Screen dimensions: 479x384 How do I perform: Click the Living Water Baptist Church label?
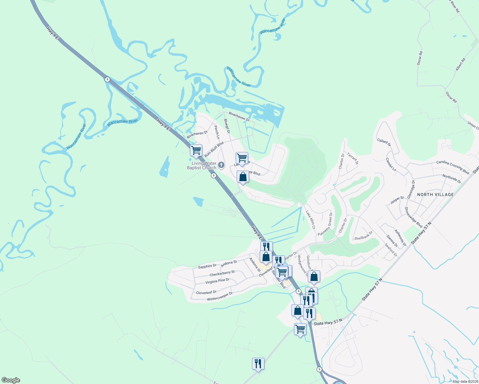tap(202, 165)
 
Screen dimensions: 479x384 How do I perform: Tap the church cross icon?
tap(221, 165)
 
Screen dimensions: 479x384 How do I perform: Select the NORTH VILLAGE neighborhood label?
tap(435, 195)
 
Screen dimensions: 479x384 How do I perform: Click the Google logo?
tap(11, 380)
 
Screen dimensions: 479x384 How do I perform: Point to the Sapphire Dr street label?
tap(207, 266)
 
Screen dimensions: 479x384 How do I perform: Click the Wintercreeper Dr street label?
tap(220, 296)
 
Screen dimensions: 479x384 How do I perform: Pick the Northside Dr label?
tap(451, 179)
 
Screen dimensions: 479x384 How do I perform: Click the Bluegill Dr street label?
tap(227, 126)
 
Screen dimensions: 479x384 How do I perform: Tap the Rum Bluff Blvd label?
tap(214, 149)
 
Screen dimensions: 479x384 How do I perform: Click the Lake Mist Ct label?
tap(310, 220)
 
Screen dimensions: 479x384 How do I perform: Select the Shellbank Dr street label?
tap(363, 236)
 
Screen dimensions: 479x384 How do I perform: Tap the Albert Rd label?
tap(460, 64)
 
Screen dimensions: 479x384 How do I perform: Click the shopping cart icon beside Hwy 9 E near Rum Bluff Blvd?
tap(196, 150)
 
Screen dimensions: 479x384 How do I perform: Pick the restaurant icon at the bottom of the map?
tap(258, 364)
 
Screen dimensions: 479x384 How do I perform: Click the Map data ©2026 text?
tap(465, 381)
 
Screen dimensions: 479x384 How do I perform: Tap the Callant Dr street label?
tap(384, 142)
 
